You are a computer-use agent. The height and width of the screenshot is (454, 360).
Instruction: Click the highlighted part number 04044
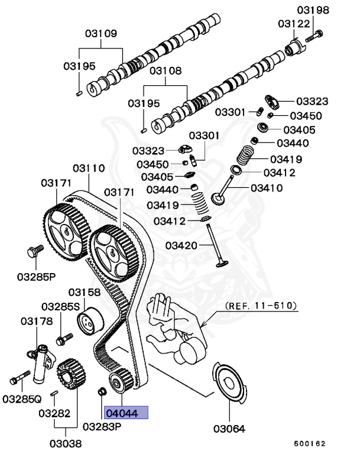pyautogui.click(x=125, y=413)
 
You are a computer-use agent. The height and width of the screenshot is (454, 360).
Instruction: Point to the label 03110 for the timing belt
pyautogui.click(x=89, y=168)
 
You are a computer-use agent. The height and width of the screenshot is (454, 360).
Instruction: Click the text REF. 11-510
pyautogui.click(x=261, y=306)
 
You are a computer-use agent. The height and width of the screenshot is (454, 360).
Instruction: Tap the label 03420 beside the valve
pyautogui.click(x=181, y=245)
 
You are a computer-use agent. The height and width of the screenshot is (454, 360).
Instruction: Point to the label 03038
pyautogui.click(x=65, y=443)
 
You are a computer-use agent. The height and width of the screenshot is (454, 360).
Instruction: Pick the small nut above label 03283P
pyautogui.click(x=101, y=391)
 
